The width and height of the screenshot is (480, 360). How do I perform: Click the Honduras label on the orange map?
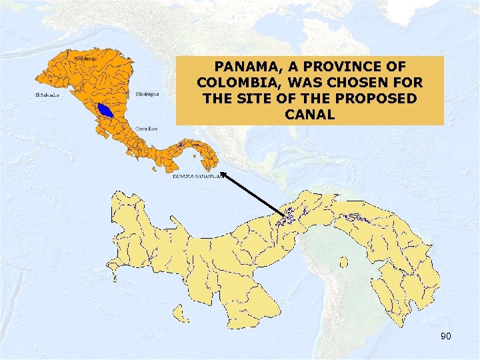pos(85,59)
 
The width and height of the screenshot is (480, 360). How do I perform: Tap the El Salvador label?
pos(48,95)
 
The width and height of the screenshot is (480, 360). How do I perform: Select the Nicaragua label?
pos(147,94)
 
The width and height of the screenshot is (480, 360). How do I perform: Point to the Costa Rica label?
pos(147,128)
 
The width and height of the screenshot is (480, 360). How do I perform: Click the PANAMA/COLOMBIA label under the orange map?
pos(197,177)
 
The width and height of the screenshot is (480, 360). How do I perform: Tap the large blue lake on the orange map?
pos(107,109)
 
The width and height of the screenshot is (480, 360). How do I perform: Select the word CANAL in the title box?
pos(309,114)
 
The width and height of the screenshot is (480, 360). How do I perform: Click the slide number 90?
pos(445,336)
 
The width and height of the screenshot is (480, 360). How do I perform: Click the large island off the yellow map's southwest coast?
pos(179,313)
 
